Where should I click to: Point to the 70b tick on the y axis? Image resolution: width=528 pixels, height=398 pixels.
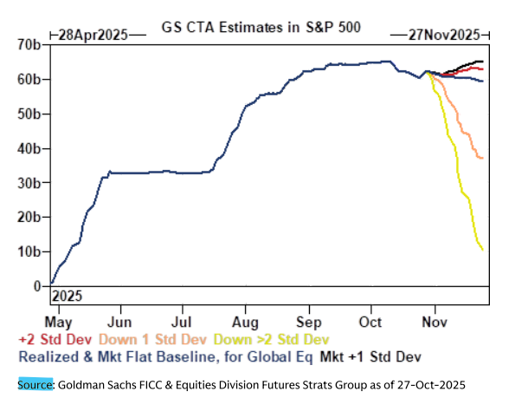click(x=29, y=44)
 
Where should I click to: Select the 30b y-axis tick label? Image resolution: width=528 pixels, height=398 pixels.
click(x=29, y=183)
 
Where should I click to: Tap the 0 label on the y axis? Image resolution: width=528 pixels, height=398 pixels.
click(x=36, y=286)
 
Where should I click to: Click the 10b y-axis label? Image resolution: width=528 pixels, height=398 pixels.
click(x=29, y=251)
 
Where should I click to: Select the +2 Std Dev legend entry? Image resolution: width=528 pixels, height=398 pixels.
click(x=54, y=338)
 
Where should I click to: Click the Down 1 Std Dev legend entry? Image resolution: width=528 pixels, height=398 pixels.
click(x=153, y=338)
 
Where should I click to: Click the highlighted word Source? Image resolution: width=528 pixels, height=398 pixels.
click(x=35, y=382)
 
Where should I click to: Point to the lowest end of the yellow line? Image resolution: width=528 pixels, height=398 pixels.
click(x=482, y=250)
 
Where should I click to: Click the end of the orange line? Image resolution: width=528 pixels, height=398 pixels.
click(x=482, y=158)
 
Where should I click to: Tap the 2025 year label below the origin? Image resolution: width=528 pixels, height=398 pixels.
click(x=68, y=296)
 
